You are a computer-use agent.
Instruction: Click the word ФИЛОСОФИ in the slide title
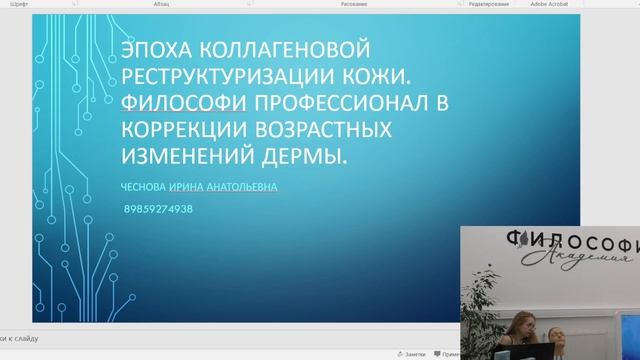[x=180, y=104]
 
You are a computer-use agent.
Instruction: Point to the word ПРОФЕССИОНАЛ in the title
[x=321, y=104]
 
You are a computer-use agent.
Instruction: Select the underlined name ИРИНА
[x=189, y=187]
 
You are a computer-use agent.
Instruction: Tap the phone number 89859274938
[x=159, y=209]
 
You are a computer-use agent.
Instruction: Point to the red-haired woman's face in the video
[x=521, y=323]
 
